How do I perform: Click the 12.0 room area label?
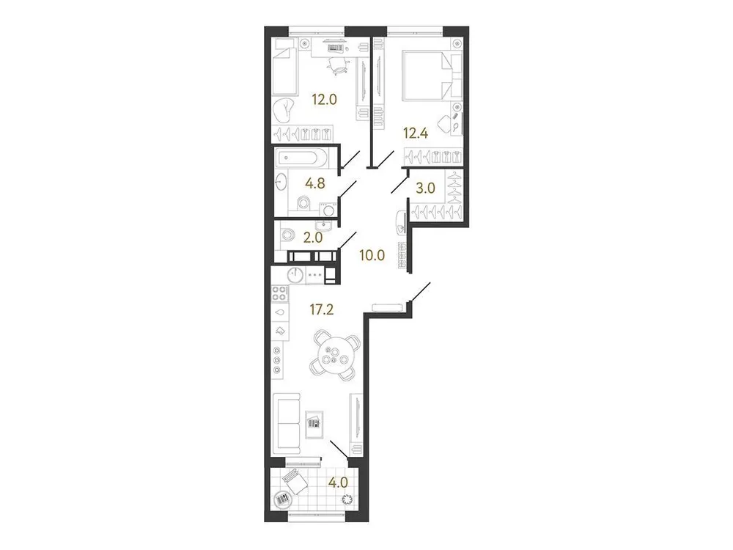click(x=323, y=100)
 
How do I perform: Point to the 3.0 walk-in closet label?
click(x=426, y=188)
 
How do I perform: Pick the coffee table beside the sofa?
click(x=313, y=422)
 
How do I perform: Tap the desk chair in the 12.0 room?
click(x=337, y=65)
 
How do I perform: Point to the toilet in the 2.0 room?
click(x=287, y=235)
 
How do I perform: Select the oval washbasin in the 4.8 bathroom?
click(x=282, y=182)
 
